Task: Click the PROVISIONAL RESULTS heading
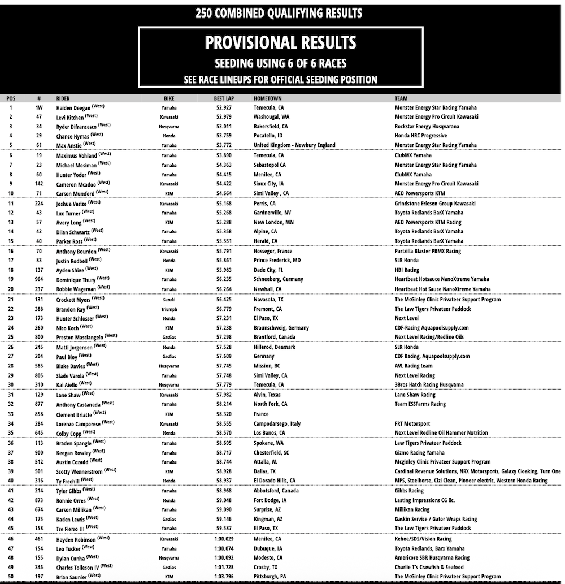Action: pos(280,42)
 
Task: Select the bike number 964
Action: pos(38,279)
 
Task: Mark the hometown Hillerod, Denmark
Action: pos(275,347)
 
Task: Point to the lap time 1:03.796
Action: pos(224,577)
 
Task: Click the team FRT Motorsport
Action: pos(412,423)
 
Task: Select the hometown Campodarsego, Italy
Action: pos(277,423)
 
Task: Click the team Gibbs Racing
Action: pos(409,491)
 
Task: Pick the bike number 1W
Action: pos(38,107)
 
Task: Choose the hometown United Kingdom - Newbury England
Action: pos(294,145)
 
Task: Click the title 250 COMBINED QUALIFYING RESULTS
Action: pos(279,13)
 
